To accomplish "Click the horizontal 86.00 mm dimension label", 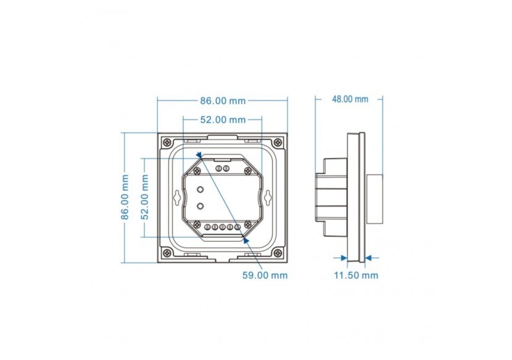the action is click(223, 101).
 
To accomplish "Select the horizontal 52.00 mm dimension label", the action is click(223, 120).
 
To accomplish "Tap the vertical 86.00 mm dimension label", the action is click(125, 197).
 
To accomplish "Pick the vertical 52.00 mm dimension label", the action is click(144, 197).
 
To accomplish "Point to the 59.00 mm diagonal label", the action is click(265, 275).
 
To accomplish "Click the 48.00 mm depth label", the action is click(350, 99).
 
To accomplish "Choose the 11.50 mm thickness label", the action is click(356, 275).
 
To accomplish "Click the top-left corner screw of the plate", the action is click(167, 142).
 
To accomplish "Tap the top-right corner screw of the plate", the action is click(278, 142).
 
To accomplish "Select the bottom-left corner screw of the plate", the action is click(167, 252).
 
